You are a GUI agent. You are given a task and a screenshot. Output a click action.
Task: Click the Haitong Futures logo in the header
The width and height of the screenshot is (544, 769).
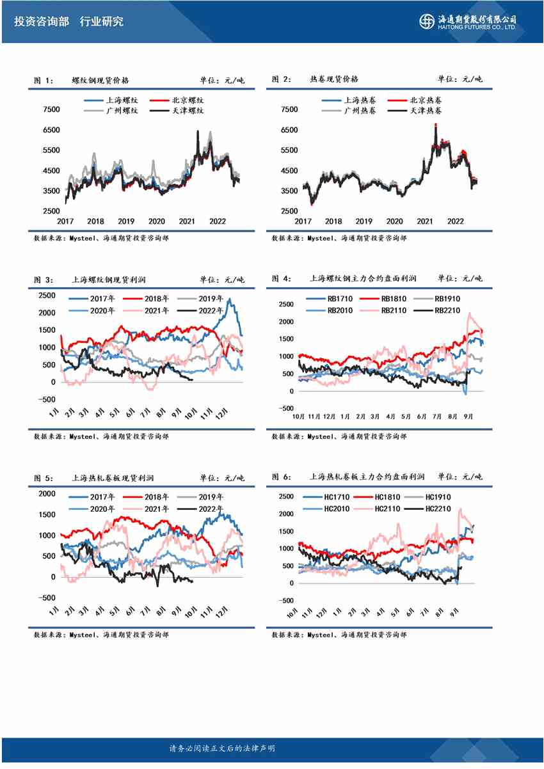(468, 21)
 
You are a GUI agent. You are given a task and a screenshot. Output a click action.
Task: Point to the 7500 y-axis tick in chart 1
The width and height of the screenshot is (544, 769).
(51, 109)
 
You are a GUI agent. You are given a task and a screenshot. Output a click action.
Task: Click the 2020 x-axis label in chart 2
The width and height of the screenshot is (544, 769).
(394, 221)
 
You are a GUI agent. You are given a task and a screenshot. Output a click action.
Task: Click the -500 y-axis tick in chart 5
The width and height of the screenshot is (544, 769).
(46, 598)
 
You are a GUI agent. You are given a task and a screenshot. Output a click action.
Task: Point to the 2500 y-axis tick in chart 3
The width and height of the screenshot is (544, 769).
(47, 295)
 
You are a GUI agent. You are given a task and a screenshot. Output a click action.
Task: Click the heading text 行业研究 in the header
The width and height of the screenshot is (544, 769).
(101, 22)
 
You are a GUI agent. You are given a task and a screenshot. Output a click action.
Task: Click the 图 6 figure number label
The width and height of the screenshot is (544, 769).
(281, 477)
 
